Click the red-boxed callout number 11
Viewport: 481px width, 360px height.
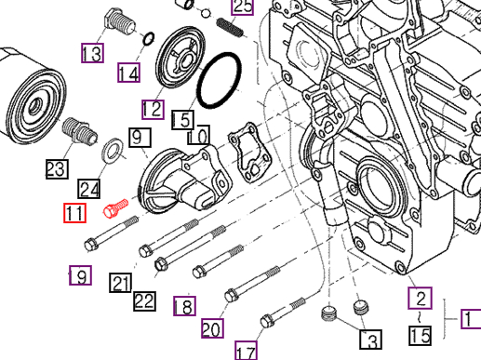(75, 214)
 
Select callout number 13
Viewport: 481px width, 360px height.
(92, 53)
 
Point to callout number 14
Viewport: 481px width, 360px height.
(129, 72)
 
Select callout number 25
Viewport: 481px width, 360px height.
(242, 7)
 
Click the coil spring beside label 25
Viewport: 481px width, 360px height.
(230, 28)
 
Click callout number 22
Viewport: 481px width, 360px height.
(143, 300)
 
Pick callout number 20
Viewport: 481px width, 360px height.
(212, 328)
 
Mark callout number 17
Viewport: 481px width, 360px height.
(246, 351)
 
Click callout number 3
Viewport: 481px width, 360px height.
(369, 340)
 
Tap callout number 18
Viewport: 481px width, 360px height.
(184, 306)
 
